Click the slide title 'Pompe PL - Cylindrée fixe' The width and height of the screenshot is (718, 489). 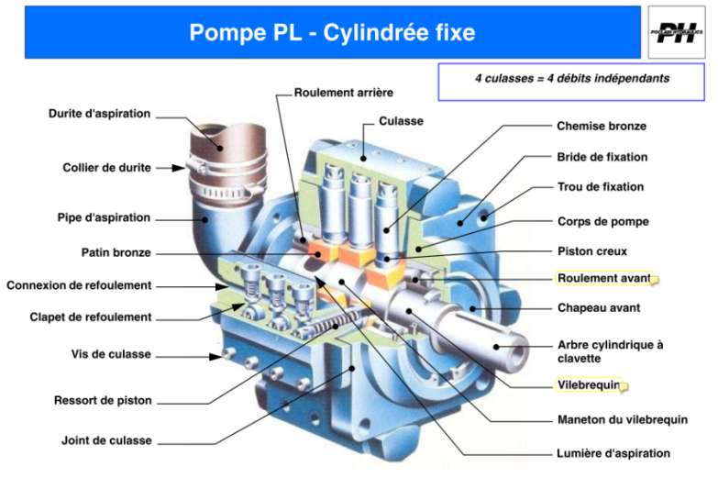pyautogui.click(x=332, y=33)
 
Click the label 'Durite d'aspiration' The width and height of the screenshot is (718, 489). pyautogui.click(x=99, y=115)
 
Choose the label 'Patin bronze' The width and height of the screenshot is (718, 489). pyautogui.click(x=116, y=252)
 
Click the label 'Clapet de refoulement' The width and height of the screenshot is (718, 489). pyautogui.click(x=91, y=317)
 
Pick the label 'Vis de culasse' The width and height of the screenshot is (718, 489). pyautogui.click(x=111, y=354)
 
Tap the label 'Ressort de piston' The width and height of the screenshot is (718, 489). pyautogui.click(x=103, y=401)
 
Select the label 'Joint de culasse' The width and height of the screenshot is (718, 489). pyautogui.click(x=106, y=440)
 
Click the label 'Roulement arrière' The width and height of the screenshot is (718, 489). pyautogui.click(x=343, y=93)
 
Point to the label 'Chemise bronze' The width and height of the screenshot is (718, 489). pyautogui.click(x=602, y=126)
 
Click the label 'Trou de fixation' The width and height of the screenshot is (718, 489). pyautogui.click(x=601, y=187)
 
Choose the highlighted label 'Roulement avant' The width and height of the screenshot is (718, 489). pyautogui.click(x=603, y=278)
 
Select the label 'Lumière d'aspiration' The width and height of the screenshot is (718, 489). pyautogui.click(x=613, y=453)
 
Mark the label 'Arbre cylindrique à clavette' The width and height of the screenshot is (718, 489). pyautogui.click(x=610, y=351)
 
